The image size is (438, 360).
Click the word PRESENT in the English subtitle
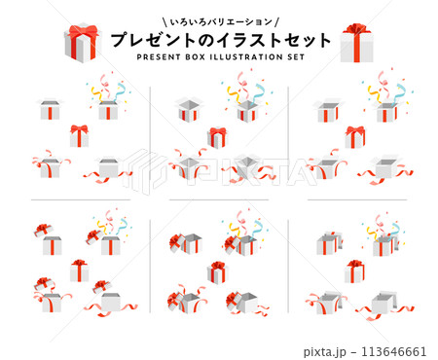tap(159, 57)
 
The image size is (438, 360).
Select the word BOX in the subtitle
tap(196, 57)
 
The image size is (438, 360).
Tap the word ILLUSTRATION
tap(246, 57)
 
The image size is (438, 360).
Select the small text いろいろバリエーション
tap(221, 22)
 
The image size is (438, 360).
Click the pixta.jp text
tap(325, 351)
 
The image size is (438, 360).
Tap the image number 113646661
tap(393, 351)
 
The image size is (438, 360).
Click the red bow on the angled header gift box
tap(84, 31)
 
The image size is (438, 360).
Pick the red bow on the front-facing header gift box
tap(357, 29)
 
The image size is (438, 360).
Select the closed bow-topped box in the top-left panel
tap(79, 136)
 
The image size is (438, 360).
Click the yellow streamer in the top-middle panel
tap(234, 94)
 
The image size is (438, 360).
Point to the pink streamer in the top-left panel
tap(105, 84)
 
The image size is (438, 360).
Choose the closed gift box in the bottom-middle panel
tap(217, 272)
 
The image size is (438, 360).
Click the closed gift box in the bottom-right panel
tap(354, 271)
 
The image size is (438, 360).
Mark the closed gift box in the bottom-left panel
tap(79, 270)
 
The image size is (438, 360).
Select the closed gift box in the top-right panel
tap(355, 137)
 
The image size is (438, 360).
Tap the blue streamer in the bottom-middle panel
tap(259, 228)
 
